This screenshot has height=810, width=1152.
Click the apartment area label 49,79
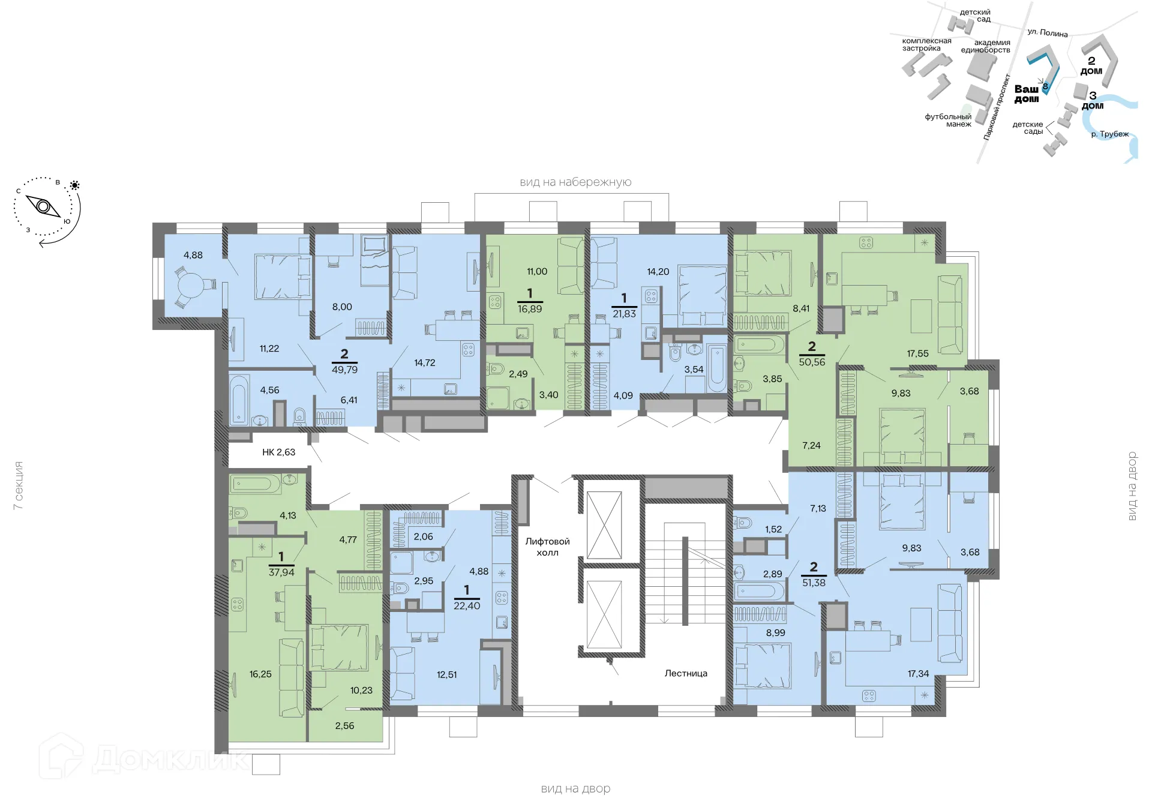coord(344,370)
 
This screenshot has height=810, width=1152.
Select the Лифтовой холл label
coord(547,547)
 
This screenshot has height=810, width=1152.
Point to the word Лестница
coord(686,673)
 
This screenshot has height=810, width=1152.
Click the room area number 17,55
coord(917,353)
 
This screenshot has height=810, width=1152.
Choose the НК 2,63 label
coord(278,452)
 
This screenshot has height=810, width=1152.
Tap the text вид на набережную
coord(575,182)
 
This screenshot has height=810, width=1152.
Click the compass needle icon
coord(44,207)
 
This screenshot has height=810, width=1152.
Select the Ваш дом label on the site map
coord(1026,94)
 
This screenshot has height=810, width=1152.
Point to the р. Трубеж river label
coord(1109,134)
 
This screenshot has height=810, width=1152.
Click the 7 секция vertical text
coord(19,485)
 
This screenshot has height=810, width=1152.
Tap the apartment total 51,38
coord(814,583)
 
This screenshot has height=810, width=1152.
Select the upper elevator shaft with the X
coord(604,525)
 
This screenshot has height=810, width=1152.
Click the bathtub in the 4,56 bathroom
coord(238,400)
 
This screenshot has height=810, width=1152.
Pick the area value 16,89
coord(530,309)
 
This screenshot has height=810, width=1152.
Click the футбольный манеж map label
coord(948,120)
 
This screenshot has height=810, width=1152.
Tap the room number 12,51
coord(446,674)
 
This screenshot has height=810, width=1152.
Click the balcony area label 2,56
coord(344,725)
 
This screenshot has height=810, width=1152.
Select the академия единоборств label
coord(986,46)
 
